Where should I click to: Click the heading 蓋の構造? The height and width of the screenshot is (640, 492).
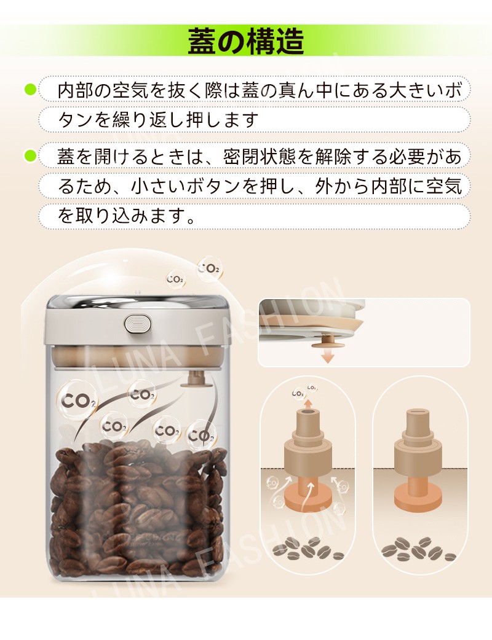pyautogui.click(x=246, y=41)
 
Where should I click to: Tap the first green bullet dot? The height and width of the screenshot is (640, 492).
pyautogui.click(x=31, y=90)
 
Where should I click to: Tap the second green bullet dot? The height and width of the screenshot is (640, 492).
pyautogui.click(x=31, y=155)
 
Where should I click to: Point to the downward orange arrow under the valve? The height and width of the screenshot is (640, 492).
pyautogui.click(x=327, y=356)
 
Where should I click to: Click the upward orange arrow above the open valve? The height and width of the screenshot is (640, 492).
pyautogui.click(x=309, y=404)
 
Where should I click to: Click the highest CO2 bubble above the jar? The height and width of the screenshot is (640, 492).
pyautogui.click(x=209, y=268)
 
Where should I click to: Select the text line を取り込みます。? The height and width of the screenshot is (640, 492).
pyautogui.click(x=126, y=215)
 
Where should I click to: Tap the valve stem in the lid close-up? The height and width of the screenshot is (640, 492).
pyautogui.click(x=328, y=340)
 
